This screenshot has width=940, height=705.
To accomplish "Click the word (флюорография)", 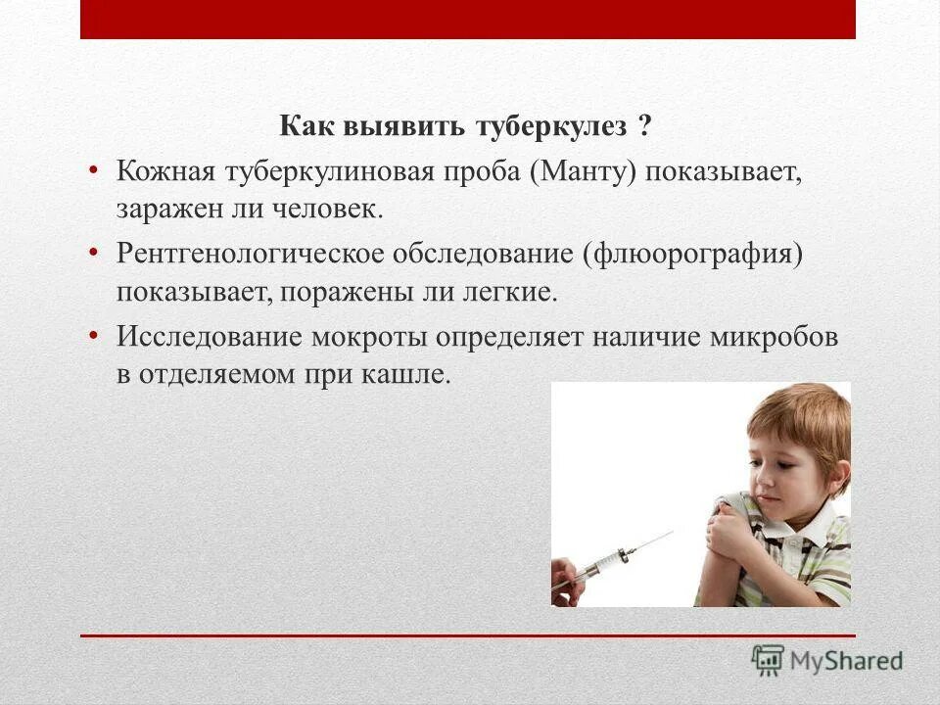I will (693, 254).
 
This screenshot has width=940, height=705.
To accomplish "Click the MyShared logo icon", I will (769, 660).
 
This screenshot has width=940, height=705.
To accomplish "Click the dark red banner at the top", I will (468, 19).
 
